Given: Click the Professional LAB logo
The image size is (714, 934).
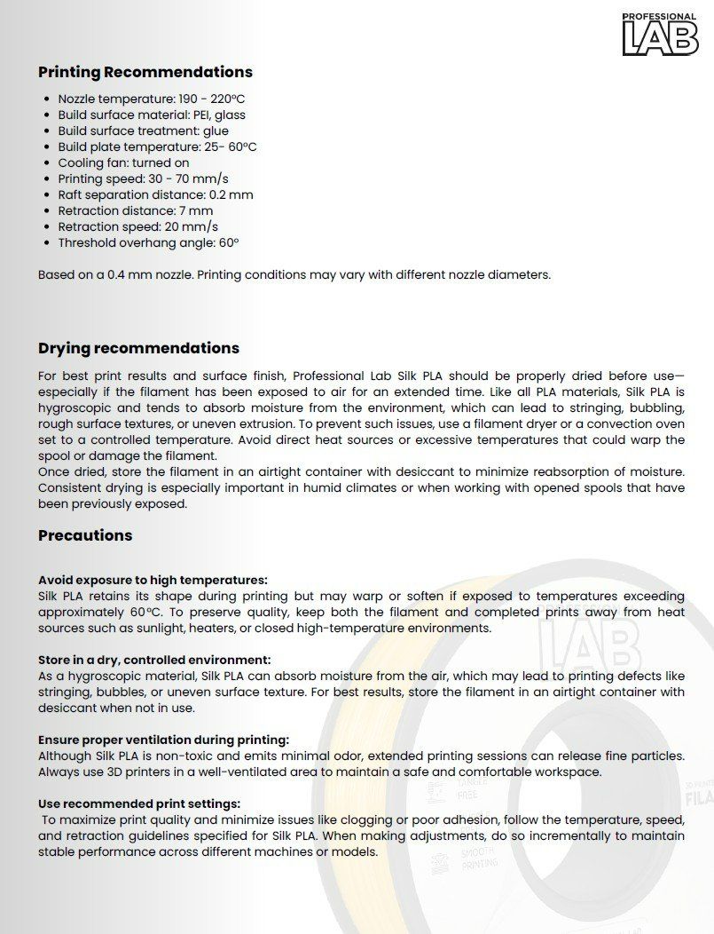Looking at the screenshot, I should coord(660,35).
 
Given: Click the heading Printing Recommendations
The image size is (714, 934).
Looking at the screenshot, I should coord(145,72).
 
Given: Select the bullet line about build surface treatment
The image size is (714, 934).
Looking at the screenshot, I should coord(143,131).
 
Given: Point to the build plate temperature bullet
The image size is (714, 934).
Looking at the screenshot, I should coord(157,146).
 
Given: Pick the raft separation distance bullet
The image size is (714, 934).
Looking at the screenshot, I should coord(155,194).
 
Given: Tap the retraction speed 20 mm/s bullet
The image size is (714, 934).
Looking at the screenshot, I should coord(137,226).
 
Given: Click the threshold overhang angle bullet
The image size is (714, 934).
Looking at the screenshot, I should coord(148,242).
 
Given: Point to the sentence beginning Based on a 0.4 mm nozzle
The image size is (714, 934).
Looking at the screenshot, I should coord(294,274).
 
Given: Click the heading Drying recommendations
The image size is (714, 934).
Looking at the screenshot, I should coord(138,348).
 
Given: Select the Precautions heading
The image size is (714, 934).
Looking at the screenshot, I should coord(85,535).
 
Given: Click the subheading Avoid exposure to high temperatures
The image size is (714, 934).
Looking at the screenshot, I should coord(153,580).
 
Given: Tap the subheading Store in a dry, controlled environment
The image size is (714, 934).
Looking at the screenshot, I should coord(154,660).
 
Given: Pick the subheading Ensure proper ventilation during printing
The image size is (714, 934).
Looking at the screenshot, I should coord(163,740).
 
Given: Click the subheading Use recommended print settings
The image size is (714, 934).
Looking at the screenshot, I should coord(139,803).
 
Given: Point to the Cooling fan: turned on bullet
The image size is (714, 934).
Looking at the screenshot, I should coord(123,162).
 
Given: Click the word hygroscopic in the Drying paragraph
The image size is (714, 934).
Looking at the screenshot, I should coord(78,408).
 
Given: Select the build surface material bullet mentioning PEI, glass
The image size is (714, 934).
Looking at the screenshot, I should coord(152,115).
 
